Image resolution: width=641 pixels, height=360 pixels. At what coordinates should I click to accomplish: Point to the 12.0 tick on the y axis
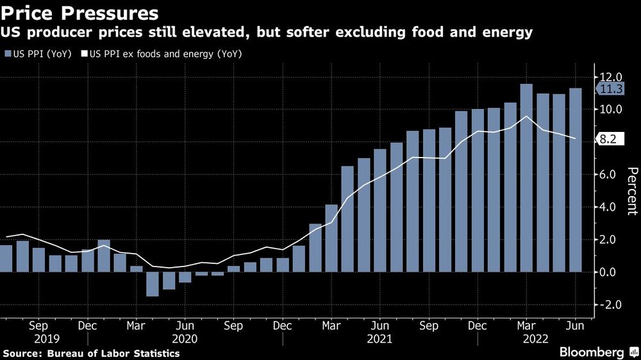tap(610, 78)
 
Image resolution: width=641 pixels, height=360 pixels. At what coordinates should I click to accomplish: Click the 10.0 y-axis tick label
tap(610, 110)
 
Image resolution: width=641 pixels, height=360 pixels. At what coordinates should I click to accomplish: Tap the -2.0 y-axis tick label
tap(611, 305)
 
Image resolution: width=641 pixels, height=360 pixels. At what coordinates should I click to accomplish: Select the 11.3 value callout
tap(611, 90)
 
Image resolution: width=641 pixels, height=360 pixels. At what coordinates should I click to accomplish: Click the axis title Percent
tap(632, 191)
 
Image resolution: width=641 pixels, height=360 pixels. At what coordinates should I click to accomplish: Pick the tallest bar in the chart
tap(526, 177)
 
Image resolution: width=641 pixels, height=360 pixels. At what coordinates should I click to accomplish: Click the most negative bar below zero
tap(153, 284)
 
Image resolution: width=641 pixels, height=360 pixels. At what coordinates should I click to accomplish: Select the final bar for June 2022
tap(576, 180)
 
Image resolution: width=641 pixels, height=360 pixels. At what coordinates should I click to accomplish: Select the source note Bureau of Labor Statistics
tap(91, 353)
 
